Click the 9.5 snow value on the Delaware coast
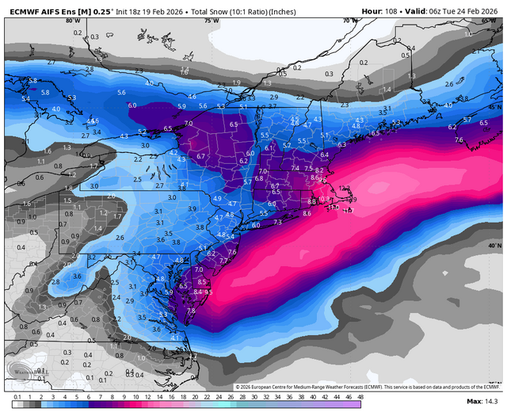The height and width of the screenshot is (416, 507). pyautogui.click(x=208, y=292)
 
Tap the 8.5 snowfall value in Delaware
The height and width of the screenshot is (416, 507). pyautogui.click(x=201, y=281)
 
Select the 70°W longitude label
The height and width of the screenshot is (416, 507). pyautogui.click(x=345, y=21)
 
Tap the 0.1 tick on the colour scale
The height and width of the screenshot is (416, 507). pyautogui.click(x=17, y=396)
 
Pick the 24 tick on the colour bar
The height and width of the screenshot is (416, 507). pyautogui.click(x=219, y=396)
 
